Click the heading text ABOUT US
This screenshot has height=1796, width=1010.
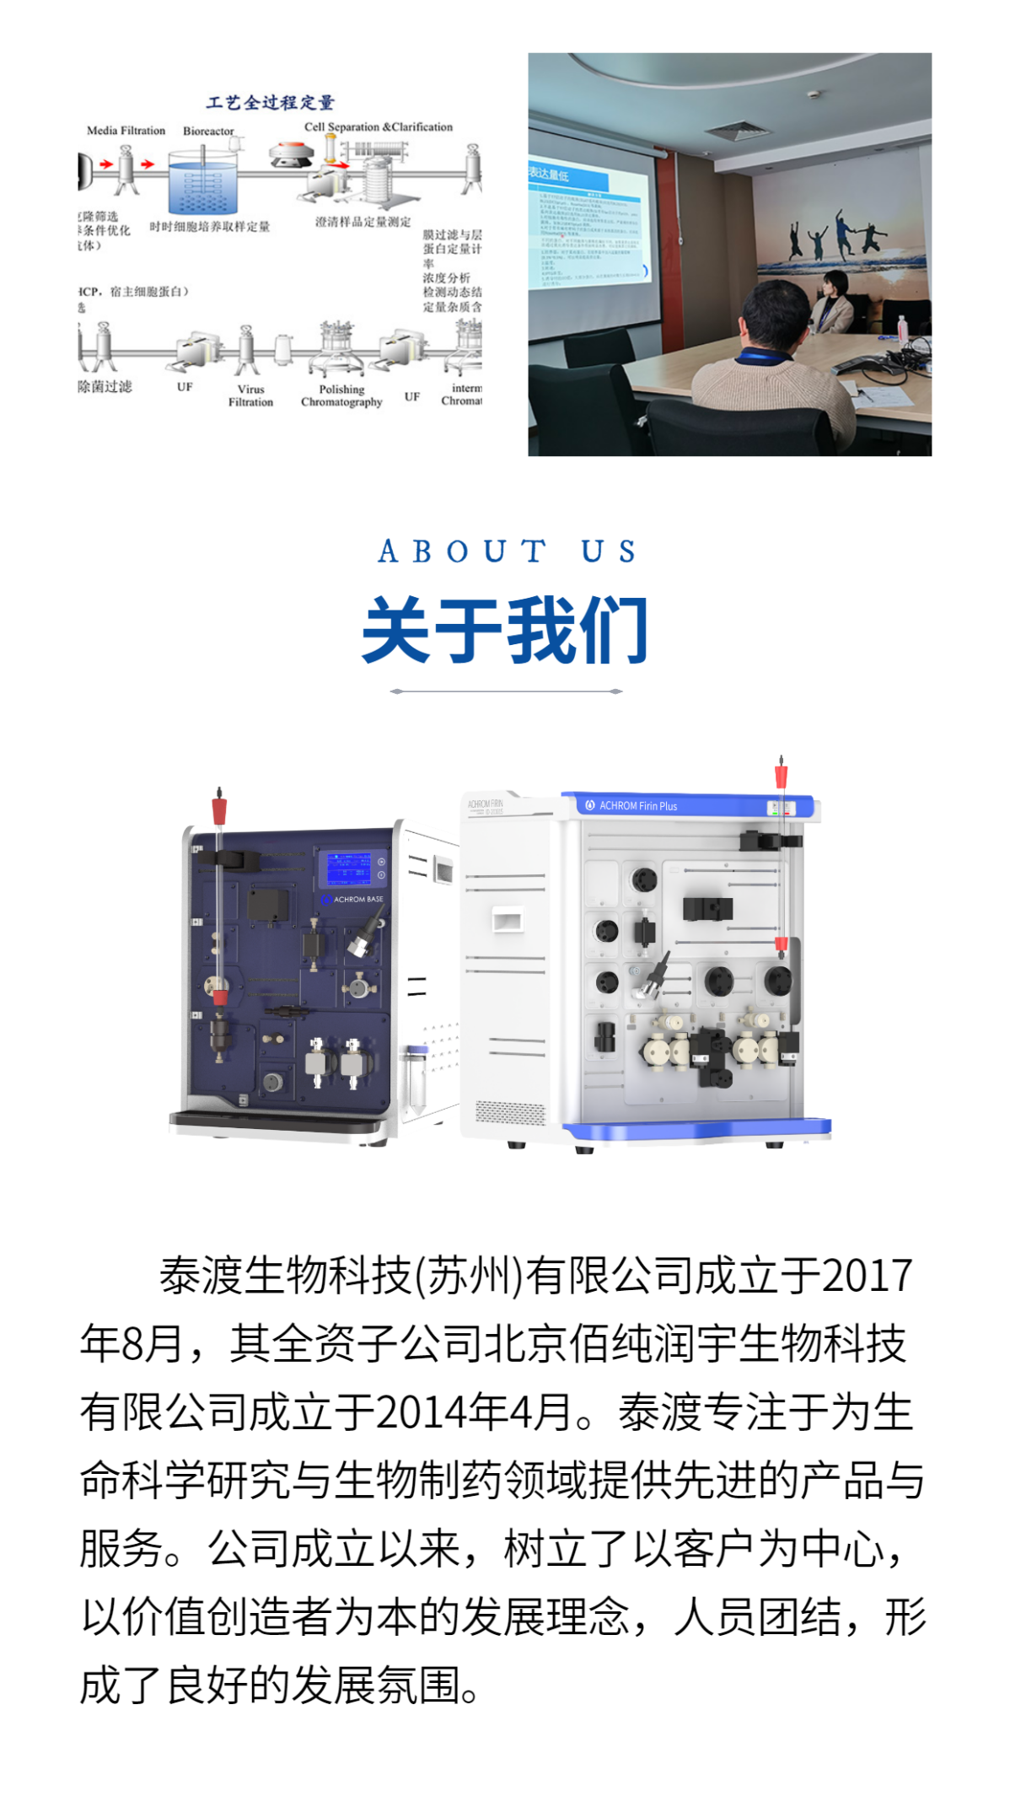(506, 551)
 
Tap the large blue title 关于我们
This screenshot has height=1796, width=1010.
(504, 630)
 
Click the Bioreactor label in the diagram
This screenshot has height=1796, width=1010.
(208, 131)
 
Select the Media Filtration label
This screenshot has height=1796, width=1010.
(126, 131)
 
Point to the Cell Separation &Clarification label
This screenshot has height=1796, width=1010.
(378, 127)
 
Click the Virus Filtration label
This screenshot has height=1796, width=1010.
(250, 395)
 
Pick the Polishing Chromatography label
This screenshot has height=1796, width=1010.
(341, 395)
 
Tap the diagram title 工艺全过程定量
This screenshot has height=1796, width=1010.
(270, 103)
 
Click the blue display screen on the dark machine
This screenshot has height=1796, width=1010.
(348, 868)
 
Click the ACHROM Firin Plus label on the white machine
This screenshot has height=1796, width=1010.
(637, 806)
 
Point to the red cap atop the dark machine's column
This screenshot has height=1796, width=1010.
(219, 809)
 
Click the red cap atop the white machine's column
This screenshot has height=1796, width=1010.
(781, 776)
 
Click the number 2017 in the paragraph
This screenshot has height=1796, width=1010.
(867, 1276)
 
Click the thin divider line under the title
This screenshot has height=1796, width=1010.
(506, 691)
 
